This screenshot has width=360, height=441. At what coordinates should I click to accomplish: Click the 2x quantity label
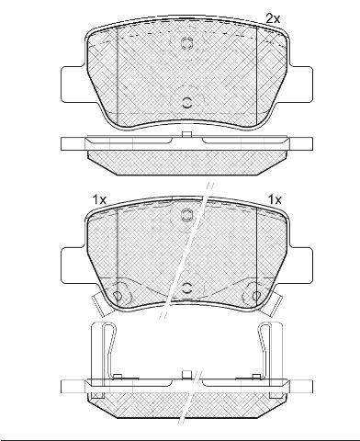tap(273, 19)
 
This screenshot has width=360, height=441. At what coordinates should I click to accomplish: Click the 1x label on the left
tap(99, 200)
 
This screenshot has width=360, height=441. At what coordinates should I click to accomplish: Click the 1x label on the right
tap(275, 200)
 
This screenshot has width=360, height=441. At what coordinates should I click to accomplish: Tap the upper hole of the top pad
tap(186, 43)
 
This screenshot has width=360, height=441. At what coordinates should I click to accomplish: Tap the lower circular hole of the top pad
tap(186, 102)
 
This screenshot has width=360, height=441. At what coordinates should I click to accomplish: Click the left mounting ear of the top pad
tap(73, 85)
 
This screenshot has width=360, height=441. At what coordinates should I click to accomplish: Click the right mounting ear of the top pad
tap(301, 85)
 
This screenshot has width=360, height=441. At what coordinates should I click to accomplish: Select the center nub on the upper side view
tap(186, 134)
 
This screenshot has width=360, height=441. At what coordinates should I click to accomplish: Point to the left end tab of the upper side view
tap(73, 143)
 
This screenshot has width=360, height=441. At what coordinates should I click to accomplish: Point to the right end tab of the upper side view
tap(300, 143)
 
